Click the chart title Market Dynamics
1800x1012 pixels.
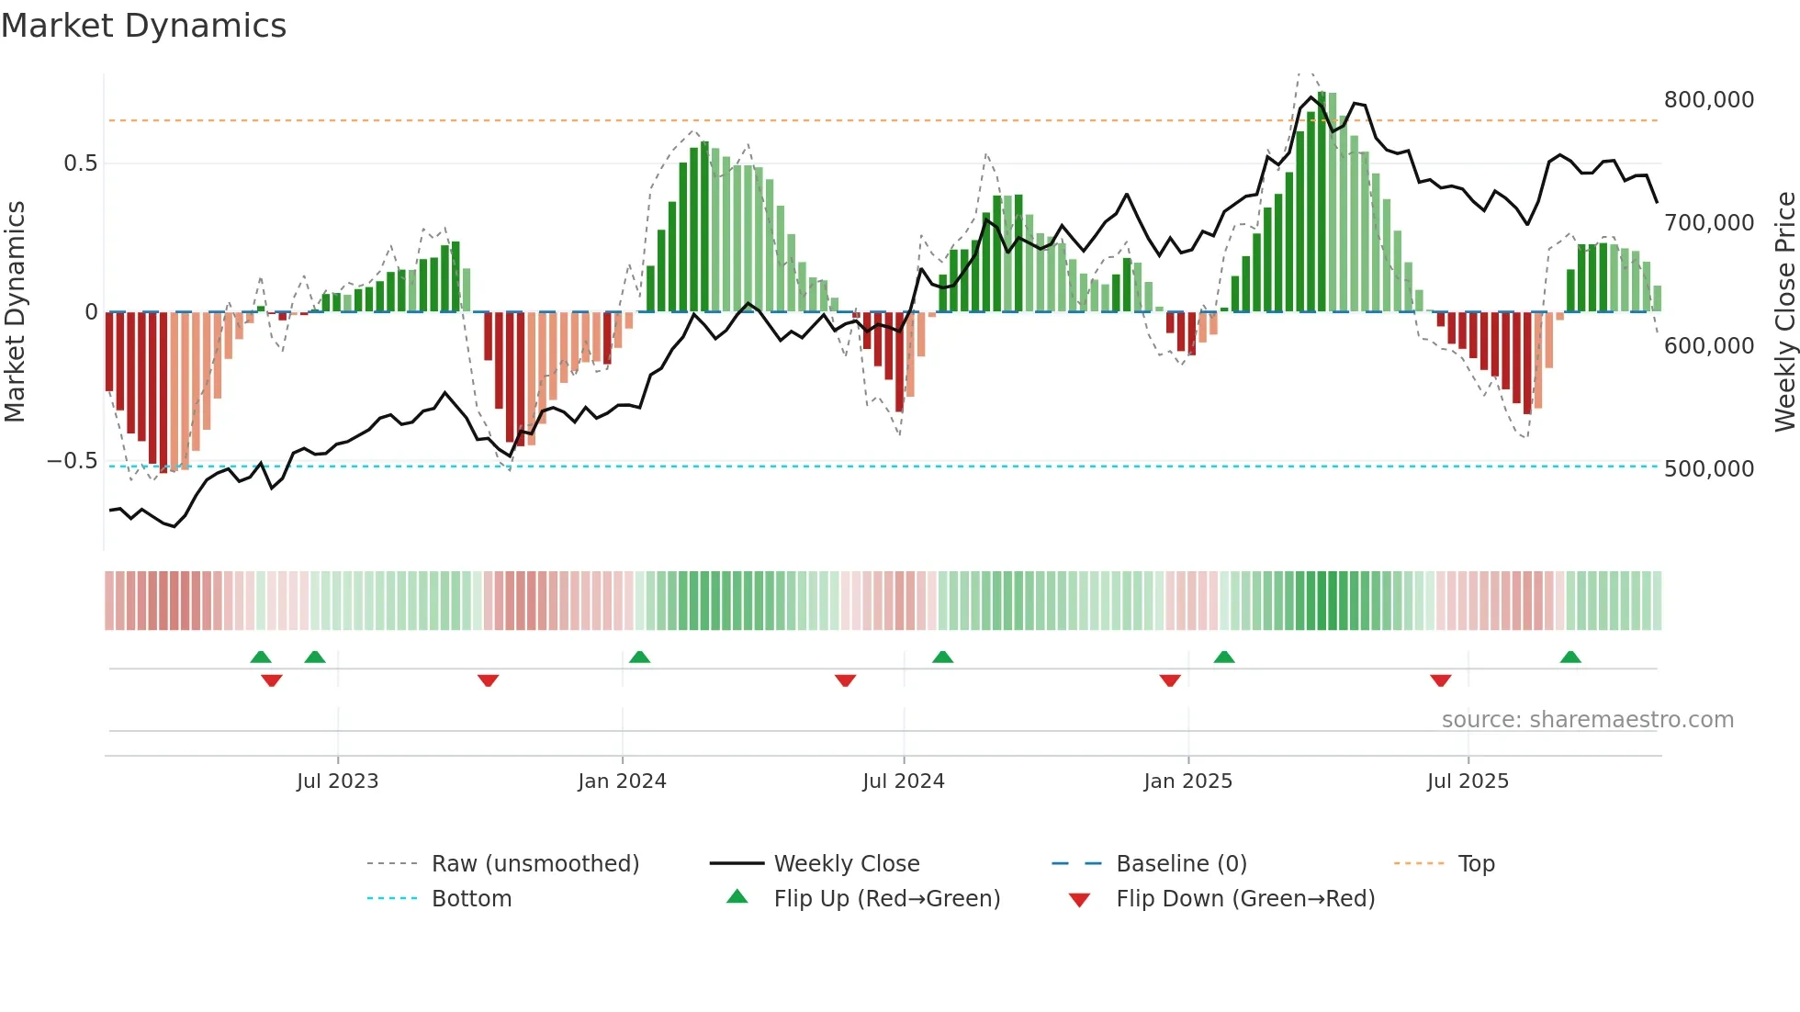(x=143, y=26)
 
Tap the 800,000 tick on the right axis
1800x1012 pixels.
(x=1708, y=99)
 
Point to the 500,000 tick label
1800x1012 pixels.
(x=1708, y=468)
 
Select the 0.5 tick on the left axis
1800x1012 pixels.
(x=80, y=163)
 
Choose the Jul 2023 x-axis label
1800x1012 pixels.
(x=337, y=781)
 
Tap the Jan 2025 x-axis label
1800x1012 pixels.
(x=1187, y=781)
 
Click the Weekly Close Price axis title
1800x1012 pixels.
(x=1784, y=312)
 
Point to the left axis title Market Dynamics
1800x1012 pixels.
(x=15, y=312)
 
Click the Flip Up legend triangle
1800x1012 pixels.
(x=737, y=897)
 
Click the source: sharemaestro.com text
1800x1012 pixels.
(x=1587, y=719)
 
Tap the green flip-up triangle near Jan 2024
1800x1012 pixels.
(x=639, y=658)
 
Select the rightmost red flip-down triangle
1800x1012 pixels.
(x=1440, y=680)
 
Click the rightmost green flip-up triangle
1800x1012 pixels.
(x=1570, y=658)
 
